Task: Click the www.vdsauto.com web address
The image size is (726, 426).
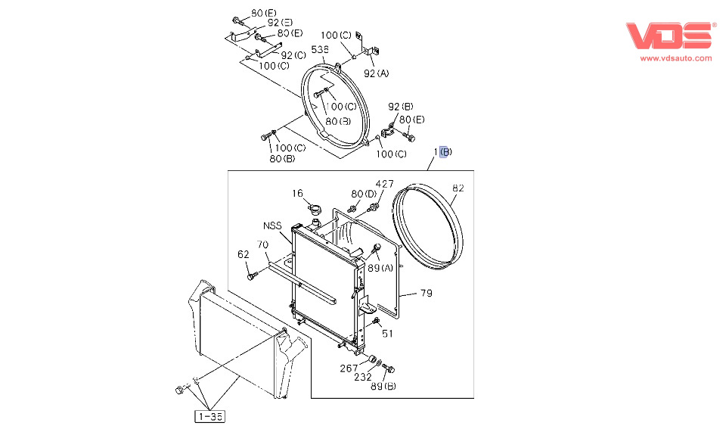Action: [x=676, y=58]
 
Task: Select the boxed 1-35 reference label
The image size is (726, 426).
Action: [x=209, y=415]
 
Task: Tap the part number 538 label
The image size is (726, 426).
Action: [x=320, y=49]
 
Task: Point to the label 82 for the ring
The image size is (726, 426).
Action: [x=458, y=188]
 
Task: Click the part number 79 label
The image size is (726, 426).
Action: [x=426, y=293]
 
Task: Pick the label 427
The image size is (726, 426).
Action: [x=385, y=184]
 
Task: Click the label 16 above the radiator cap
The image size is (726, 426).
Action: [x=298, y=194]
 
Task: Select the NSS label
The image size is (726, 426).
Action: [x=273, y=225]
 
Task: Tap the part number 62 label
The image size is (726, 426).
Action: [x=244, y=254]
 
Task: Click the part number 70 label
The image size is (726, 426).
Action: [x=262, y=244]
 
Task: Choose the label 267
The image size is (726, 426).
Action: [x=349, y=368]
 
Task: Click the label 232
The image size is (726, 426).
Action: [x=363, y=377]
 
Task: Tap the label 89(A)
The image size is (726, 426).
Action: [x=380, y=268]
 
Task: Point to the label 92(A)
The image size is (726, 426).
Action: [x=376, y=73]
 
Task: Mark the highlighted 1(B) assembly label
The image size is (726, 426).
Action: [x=442, y=152]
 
